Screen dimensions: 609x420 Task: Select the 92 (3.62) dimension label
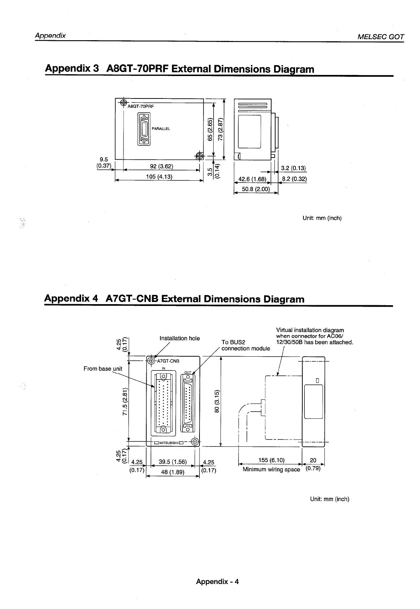pos(161,167)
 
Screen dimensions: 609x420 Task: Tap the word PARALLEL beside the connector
pos(161,129)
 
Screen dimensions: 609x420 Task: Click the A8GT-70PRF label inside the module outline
pos(140,106)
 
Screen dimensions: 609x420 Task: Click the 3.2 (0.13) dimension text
pos(294,168)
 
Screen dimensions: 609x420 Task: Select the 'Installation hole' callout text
pos(180,338)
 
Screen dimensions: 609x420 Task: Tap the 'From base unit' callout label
pos(103,369)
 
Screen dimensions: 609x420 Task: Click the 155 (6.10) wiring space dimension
pos(272,460)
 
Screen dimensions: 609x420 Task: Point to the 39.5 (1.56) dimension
pos(172,462)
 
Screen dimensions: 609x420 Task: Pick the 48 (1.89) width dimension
pos(172,472)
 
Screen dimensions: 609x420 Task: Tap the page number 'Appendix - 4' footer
pos(217,581)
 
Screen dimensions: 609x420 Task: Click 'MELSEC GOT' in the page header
pos(381,37)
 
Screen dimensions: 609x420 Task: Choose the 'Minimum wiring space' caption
pos(271,470)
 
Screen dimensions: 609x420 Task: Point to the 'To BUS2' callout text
pos(234,342)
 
